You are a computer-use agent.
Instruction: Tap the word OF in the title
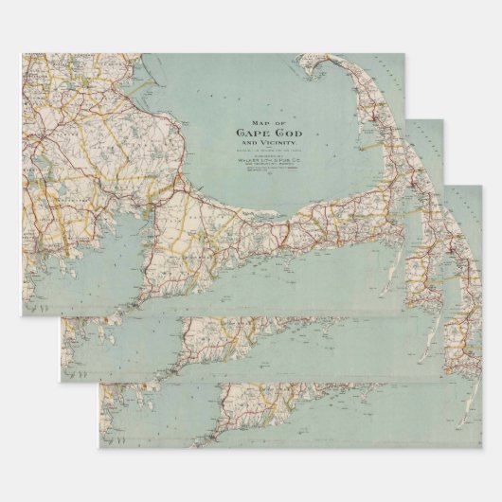click(x=263, y=121)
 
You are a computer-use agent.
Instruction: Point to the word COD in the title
click(x=276, y=133)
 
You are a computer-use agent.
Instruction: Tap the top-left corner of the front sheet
click(x=22, y=54)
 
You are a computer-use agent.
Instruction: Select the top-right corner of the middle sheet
click(x=444, y=119)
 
